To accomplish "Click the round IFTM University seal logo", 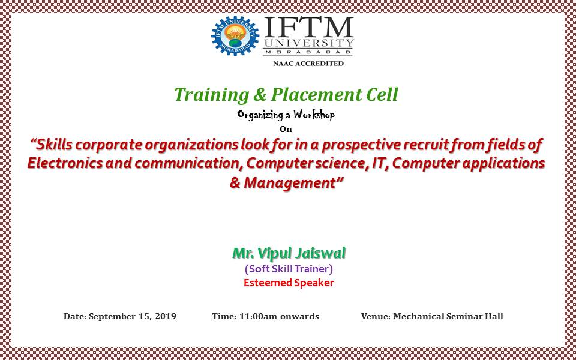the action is tap(235, 35).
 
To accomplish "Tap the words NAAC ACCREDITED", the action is tap(308, 64).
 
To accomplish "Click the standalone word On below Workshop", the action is tap(286, 129).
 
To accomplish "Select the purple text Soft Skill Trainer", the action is tap(289, 269).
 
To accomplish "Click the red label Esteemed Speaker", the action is tap(289, 283).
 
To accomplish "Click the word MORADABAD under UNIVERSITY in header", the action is tap(308, 52).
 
